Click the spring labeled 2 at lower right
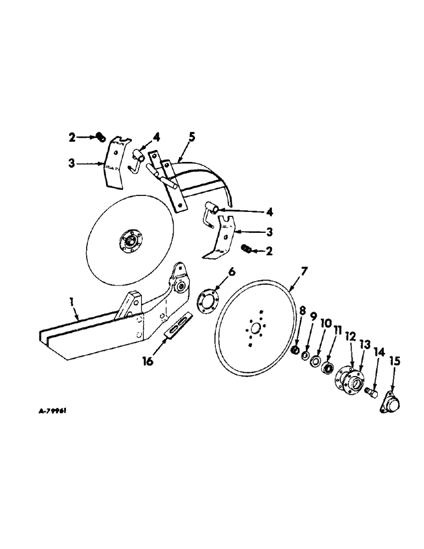click(247, 250)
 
